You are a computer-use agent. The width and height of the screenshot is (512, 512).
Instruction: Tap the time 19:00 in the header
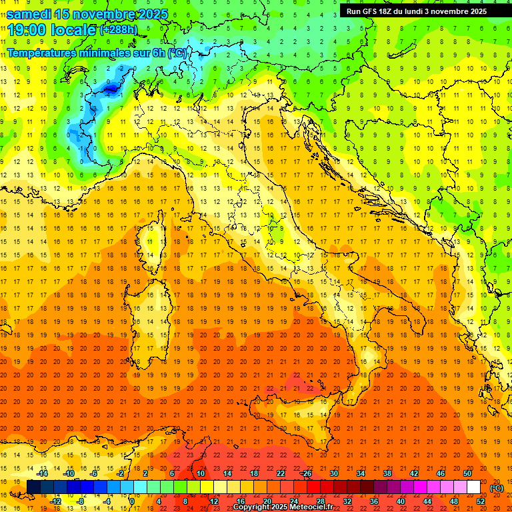click(27, 29)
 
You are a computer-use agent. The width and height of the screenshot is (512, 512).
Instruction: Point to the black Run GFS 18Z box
click(417, 11)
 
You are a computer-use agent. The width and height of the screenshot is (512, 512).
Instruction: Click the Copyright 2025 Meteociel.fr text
click(283, 507)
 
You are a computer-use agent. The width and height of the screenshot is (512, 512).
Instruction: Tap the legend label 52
click(481, 501)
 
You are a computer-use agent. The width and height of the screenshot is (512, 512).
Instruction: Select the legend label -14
click(42, 473)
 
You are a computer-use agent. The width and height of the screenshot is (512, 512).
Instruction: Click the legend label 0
click(131, 501)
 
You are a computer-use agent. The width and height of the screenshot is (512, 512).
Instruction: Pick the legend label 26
click(307, 473)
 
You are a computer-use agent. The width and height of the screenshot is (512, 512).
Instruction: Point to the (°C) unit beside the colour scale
click(497, 487)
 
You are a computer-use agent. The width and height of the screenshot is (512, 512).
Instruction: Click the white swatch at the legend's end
click(473, 487)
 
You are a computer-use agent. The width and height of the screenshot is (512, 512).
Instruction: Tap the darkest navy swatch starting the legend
click(33, 487)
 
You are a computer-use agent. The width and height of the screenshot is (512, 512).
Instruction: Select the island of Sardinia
click(150, 307)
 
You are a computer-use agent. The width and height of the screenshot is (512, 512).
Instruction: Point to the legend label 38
click(387, 473)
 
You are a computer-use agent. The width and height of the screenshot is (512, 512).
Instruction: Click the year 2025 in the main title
click(149, 14)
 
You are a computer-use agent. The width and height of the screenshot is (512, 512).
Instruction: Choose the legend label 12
click(215, 501)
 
